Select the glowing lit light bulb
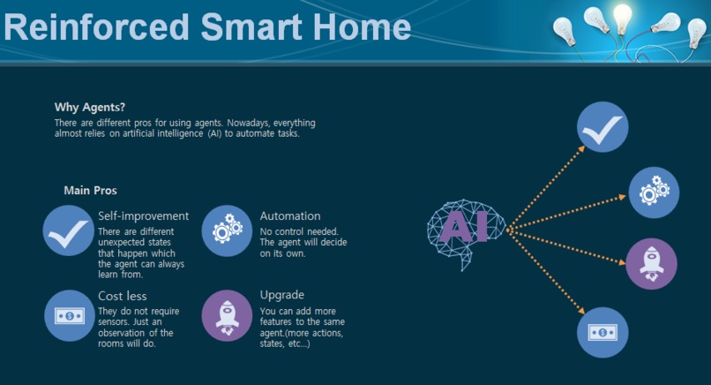point(623,18)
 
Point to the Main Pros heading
point(90,190)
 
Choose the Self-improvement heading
point(143,215)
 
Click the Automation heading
point(290,215)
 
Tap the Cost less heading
point(123,296)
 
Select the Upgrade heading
point(282,295)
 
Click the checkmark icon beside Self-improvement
point(68,230)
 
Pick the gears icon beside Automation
point(228,230)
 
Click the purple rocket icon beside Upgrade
point(228,315)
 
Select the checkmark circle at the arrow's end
point(602,127)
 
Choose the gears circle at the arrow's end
point(654,192)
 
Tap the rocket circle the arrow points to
point(651,263)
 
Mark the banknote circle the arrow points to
point(602,332)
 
